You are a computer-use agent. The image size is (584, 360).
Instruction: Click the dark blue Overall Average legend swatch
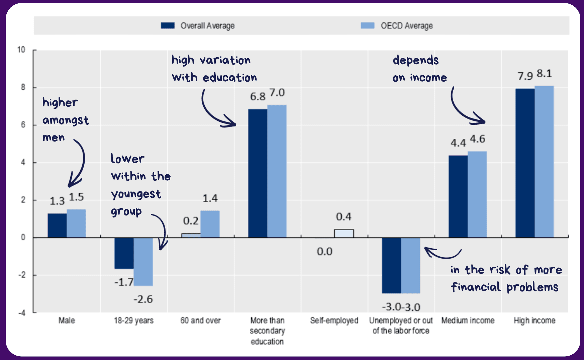168,25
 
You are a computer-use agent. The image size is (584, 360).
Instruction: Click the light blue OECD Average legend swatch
367,25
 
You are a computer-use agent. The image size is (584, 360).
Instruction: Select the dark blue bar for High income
525,163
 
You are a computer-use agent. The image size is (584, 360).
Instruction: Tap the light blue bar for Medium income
477,194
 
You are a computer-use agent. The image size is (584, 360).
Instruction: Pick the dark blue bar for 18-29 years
124,253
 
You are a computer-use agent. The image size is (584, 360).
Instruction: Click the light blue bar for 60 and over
210,224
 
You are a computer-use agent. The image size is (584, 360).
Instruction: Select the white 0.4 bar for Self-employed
344,233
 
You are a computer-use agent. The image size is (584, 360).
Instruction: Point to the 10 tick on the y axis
21,50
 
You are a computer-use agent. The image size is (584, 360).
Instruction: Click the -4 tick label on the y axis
22,313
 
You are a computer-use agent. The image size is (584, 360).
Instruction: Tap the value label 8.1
544,74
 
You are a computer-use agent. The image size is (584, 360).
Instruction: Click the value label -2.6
143,299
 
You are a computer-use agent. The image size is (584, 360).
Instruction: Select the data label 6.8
258,97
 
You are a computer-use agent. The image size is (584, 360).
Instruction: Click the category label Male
67,321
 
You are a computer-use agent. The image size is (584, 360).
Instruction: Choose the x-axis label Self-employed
334,321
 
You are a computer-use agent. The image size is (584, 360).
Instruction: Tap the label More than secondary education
267,331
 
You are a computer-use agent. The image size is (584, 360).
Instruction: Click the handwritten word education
230,78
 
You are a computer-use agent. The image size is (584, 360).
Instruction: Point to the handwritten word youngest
136,194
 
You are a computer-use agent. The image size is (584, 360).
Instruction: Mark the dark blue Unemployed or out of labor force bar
391,265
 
